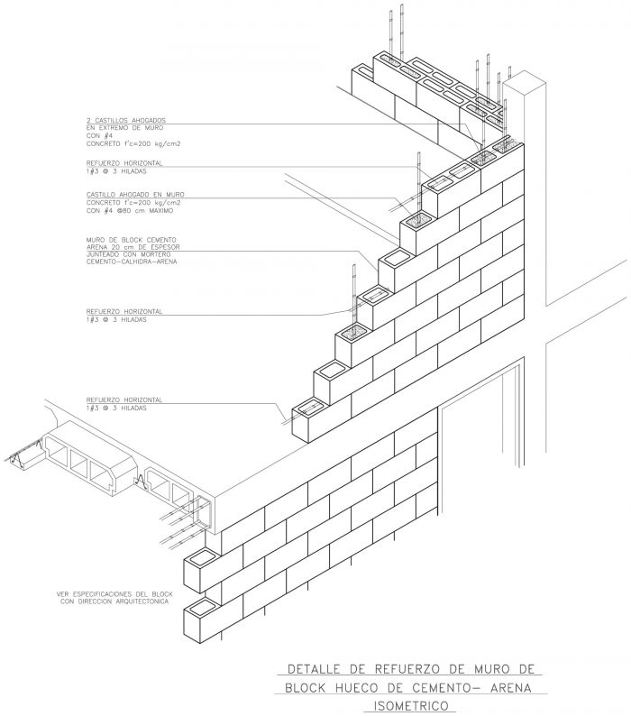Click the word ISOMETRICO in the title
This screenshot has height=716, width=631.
[411, 706]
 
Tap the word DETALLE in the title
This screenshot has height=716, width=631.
[314, 669]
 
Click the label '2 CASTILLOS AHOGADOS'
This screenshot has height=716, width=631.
[126, 121]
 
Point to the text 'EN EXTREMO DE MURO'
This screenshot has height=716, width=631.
[124, 128]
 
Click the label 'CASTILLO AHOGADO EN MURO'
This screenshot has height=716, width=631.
[135, 195]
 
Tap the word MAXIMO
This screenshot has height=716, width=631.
[161, 211]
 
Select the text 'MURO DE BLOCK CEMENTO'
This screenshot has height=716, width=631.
[131, 240]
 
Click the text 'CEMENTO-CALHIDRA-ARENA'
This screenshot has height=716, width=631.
[132, 262]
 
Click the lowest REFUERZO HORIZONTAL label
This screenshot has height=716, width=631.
[124, 400]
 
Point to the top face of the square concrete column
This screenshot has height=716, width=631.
[524, 83]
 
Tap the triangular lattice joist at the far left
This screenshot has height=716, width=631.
[23, 453]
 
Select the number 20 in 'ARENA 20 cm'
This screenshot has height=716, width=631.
[114, 247]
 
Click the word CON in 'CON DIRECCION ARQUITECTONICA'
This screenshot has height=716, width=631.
[66, 601]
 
